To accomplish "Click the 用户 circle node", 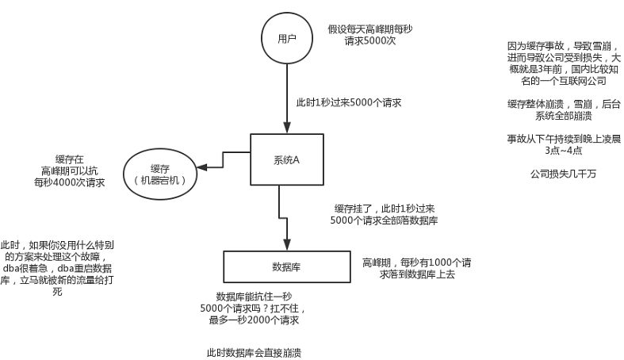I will [286, 39].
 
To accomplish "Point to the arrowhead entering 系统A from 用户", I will [286, 128].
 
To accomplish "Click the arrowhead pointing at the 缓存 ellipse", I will [201, 167].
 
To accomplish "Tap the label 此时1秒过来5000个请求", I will [348, 103].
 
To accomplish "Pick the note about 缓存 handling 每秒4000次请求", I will [71, 170].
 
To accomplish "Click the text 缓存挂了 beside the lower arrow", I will [352, 207].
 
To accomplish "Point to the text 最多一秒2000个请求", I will [254, 320].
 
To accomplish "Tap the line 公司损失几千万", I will [563, 173].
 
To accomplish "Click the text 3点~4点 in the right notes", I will [563, 150].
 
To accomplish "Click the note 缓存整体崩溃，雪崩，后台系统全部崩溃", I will [563, 109].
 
